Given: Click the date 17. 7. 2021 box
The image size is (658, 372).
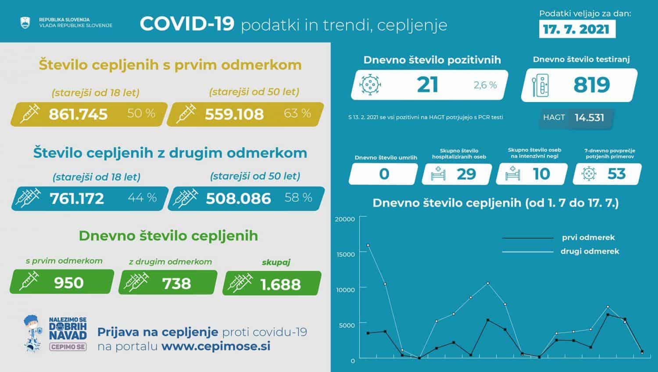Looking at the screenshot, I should point(576,29).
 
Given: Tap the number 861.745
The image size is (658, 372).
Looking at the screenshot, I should point(78,114).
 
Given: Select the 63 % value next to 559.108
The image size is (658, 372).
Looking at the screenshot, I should point(297,113).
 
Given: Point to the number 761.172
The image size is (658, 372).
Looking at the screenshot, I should point(77,198).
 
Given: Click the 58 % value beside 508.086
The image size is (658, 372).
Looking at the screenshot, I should point(298,198).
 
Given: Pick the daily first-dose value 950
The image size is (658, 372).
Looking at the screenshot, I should point(69,283).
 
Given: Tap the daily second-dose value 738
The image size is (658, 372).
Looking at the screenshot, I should point(176,283).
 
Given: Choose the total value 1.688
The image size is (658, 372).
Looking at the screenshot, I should point(280,284).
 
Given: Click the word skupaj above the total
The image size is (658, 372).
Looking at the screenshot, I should point(276,262).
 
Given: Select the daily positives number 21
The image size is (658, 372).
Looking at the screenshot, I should point(427,84).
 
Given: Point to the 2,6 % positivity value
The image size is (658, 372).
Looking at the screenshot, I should point(485,85).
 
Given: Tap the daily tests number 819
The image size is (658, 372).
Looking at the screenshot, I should point(591,85).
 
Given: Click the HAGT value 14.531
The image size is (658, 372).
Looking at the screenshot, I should point(589,117).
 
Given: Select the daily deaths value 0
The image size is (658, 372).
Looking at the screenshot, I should point(384,174).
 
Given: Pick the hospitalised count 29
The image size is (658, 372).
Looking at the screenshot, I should point(466,174).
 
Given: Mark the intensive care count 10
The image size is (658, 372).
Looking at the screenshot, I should point(541,174).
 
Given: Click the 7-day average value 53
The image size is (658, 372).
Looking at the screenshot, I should point(616,174).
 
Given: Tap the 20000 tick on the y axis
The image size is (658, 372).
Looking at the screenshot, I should point(344,219).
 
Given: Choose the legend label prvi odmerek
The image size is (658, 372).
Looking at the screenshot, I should point(588,237).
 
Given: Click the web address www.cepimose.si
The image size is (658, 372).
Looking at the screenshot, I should point(216,346).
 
